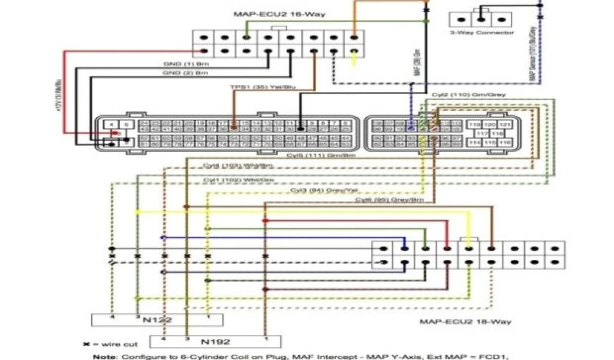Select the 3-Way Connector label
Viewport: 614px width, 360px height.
coord(482,33)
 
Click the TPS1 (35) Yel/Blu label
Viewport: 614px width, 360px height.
coord(263,88)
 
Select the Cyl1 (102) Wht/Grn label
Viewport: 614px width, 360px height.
coord(238,179)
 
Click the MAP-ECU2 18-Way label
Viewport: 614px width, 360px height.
coord(465,322)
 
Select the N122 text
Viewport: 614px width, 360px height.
coord(158,319)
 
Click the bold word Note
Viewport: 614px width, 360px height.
coord(104,356)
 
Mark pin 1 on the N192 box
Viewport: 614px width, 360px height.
coord(264,339)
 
